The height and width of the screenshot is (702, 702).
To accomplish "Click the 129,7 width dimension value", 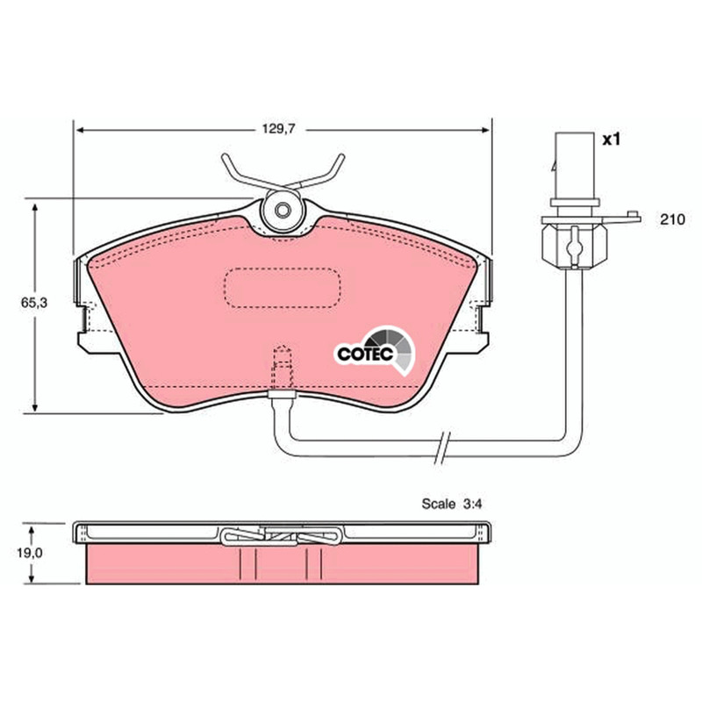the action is tap(278, 129).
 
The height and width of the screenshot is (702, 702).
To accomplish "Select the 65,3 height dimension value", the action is tap(34, 303).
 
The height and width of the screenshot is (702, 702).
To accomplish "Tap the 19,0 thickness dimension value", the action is tap(30, 553).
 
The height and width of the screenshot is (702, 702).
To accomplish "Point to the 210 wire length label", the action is tap(672, 219).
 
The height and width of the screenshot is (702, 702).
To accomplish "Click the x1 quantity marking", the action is tap(611, 140).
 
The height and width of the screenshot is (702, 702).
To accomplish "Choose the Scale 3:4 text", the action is tap(452, 504).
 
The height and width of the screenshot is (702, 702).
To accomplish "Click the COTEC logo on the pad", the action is tap(376, 350).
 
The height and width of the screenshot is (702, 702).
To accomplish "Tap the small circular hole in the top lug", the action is tap(283, 210).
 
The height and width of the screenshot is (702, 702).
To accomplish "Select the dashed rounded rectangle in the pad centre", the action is tap(283, 288).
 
